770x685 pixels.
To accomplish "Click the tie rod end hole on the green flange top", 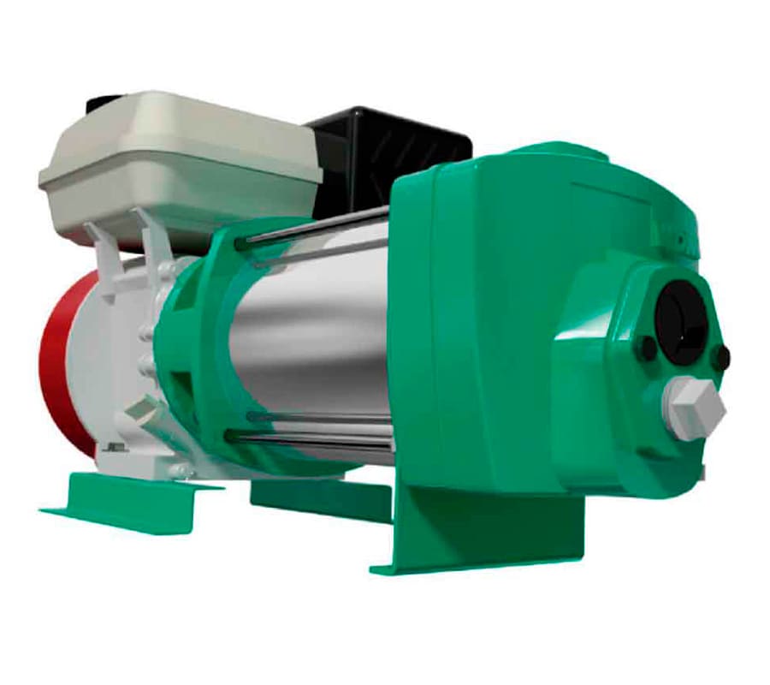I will tap(240, 243).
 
